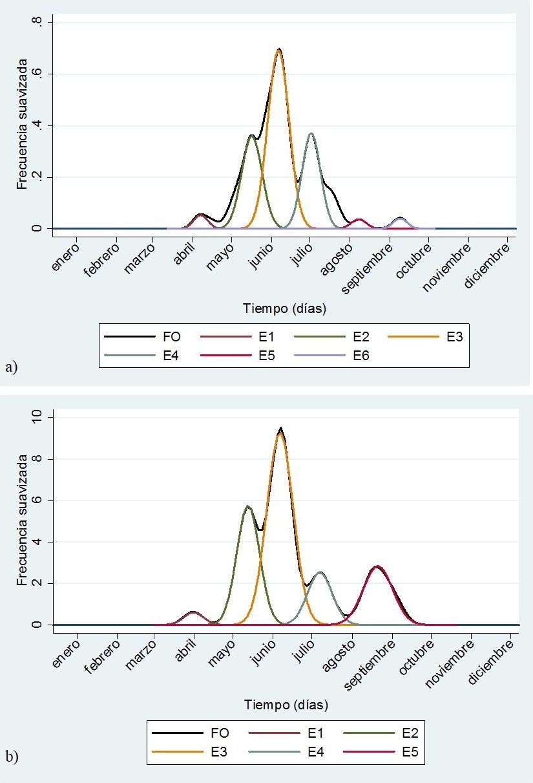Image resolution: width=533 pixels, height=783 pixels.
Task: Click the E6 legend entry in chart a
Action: pos(342,355)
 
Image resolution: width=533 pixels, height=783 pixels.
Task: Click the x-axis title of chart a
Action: pos(284,309)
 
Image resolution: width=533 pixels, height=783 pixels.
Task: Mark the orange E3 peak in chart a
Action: pos(278,50)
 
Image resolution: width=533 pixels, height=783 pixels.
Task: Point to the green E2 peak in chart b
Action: pos(247,506)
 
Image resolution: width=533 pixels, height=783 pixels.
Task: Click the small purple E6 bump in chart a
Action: pos(400,219)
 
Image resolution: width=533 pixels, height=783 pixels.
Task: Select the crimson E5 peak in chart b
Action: pos(377,567)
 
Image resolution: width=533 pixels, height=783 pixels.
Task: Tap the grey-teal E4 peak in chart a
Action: pos(311,134)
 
